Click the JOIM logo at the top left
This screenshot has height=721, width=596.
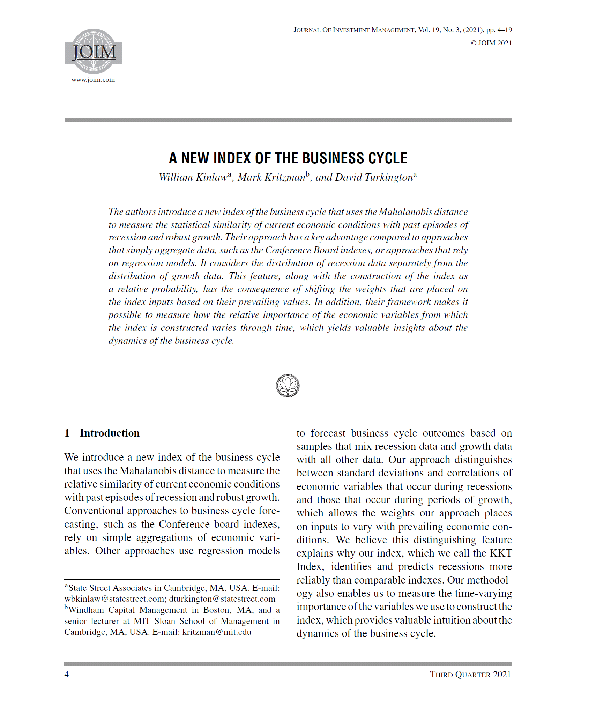pos(94,51)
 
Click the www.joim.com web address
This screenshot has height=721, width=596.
pos(93,80)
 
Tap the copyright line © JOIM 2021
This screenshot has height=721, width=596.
pos(491,43)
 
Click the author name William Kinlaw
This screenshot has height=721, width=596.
pos(193,178)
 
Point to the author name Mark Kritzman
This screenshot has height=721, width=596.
pos(271,178)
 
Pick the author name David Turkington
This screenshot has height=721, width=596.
pos(374,178)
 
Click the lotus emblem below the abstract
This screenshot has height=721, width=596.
pos(288,386)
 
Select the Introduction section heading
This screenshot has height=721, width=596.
pos(109,433)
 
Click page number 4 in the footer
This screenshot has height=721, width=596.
pos(67,675)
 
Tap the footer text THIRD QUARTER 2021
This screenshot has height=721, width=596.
pos(470,675)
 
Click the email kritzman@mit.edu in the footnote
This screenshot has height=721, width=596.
pos(217,632)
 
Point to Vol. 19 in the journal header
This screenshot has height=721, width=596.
pos(429,30)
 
